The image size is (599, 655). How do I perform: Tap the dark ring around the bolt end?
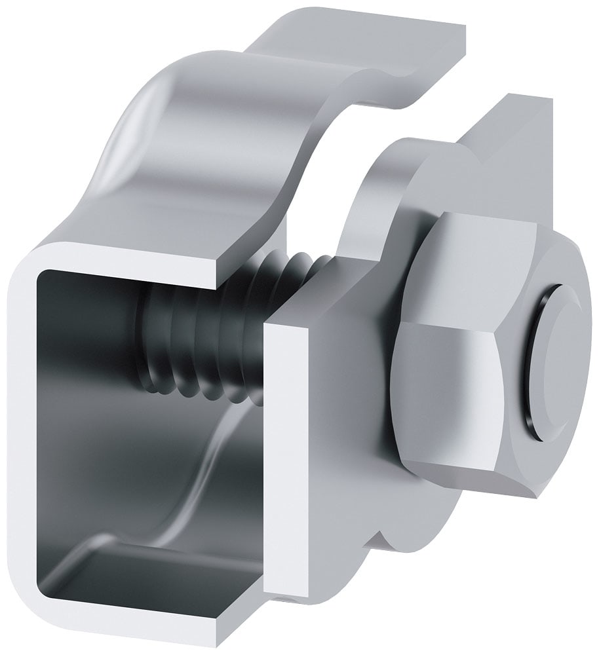[x=539, y=367]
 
